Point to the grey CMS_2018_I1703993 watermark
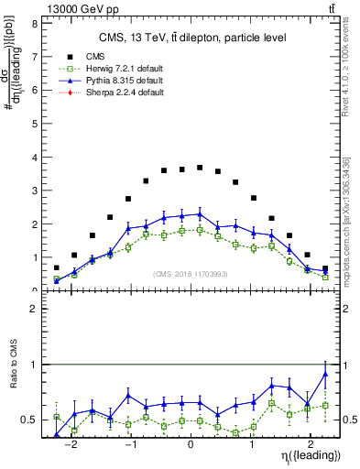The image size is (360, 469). (x=190, y=274)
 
